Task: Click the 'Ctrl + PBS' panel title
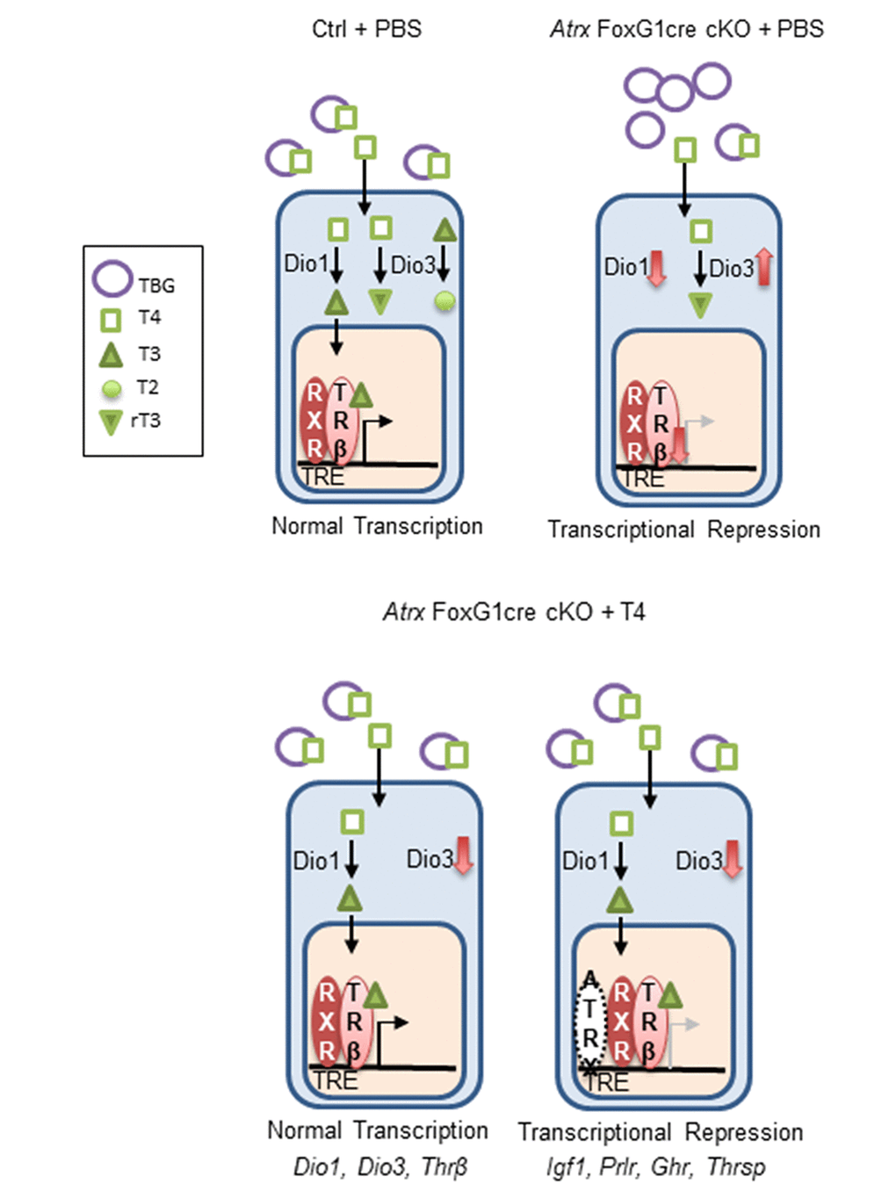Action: pyautogui.click(x=366, y=29)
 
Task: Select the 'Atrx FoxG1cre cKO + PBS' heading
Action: pyautogui.click(x=686, y=29)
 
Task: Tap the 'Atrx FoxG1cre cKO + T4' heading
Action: pyautogui.click(x=514, y=611)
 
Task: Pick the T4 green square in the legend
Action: pyautogui.click(x=112, y=319)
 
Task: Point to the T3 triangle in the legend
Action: pyautogui.click(x=112, y=355)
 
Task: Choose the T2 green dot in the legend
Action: pyautogui.click(x=112, y=388)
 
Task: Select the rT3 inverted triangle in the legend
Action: pyautogui.click(x=111, y=422)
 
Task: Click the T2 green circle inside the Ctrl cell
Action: pyautogui.click(x=445, y=302)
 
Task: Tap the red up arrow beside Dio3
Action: pyautogui.click(x=764, y=266)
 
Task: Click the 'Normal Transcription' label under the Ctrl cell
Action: pyautogui.click(x=377, y=526)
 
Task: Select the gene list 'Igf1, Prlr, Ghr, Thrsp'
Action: pyautogui.click(x=655, y=1166)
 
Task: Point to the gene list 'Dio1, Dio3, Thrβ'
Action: pyautogui.click(x=380, y=1166)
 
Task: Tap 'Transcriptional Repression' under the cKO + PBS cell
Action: pyautogui.click(x=683, y=530)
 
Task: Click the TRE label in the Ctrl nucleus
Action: pyautogui.click(x=323, y=477)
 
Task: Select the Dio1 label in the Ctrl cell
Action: pyautogui.click(x=305, y=263)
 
